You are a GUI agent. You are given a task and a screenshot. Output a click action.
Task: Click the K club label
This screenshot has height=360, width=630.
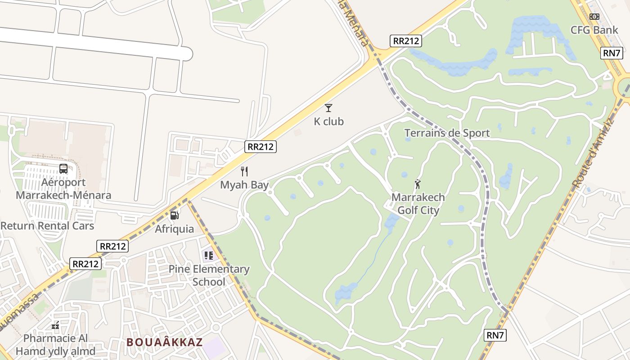[328, 121]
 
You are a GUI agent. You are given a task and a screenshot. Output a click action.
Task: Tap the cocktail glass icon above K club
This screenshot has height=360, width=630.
[328, 108]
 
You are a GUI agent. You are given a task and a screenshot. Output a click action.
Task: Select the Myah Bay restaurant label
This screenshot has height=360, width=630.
[244, 184]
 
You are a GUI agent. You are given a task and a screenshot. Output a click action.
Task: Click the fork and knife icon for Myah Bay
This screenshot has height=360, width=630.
[244, 171]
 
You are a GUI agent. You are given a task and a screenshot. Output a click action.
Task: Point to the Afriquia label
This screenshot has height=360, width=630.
[175, 229]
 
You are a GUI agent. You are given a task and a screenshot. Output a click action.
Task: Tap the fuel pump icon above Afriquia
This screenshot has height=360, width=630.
[175, 216]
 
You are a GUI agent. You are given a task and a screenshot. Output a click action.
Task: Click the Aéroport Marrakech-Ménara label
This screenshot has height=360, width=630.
[63, 189]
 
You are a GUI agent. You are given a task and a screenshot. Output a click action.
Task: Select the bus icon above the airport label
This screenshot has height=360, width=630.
[63, 169]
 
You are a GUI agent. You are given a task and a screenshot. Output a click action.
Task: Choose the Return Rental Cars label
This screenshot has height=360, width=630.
[47, 225]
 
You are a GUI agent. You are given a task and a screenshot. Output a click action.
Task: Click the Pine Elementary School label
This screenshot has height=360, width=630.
[209, 275]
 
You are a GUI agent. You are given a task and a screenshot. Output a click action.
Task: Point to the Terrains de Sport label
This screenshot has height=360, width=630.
[447, 133]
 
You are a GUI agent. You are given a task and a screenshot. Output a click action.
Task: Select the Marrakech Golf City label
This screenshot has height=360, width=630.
[418, 203]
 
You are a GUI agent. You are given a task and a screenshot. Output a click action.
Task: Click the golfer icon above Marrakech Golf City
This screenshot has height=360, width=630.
[418, 184]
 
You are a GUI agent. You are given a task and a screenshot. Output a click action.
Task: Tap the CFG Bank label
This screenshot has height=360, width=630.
[594, 30]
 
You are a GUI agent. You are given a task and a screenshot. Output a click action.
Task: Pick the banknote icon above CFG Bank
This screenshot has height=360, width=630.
[594, 17]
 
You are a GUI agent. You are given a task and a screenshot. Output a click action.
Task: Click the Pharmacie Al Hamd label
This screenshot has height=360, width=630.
[56, 344]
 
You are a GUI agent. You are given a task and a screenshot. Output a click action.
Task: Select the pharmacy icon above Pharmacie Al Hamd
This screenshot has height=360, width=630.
[56, 325]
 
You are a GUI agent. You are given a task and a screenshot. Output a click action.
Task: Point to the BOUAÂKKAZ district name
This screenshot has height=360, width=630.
[165, 342]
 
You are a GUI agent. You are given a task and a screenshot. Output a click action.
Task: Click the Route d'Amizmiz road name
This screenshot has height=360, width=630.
[594, 153]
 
